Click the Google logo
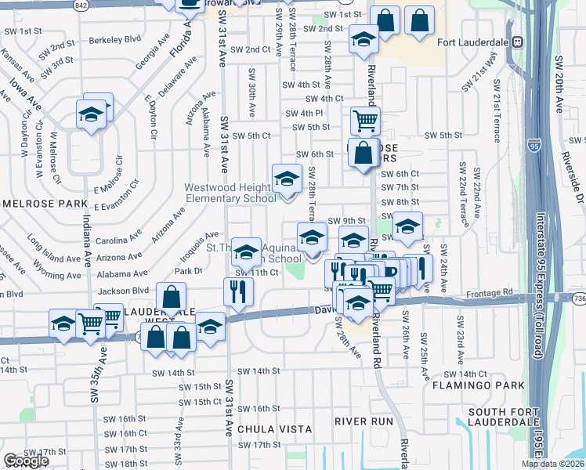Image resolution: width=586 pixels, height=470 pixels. (x=27, y=461)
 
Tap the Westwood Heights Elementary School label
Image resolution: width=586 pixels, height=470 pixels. (x=230, y=193)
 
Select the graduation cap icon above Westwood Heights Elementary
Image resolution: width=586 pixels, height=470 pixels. (x=287, y=179)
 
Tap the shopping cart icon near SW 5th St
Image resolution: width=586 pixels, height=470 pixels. (x=365, y=121)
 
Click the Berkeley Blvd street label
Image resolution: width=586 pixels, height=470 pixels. (x=115, y=38)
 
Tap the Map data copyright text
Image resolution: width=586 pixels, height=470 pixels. (x=551, y=464)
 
